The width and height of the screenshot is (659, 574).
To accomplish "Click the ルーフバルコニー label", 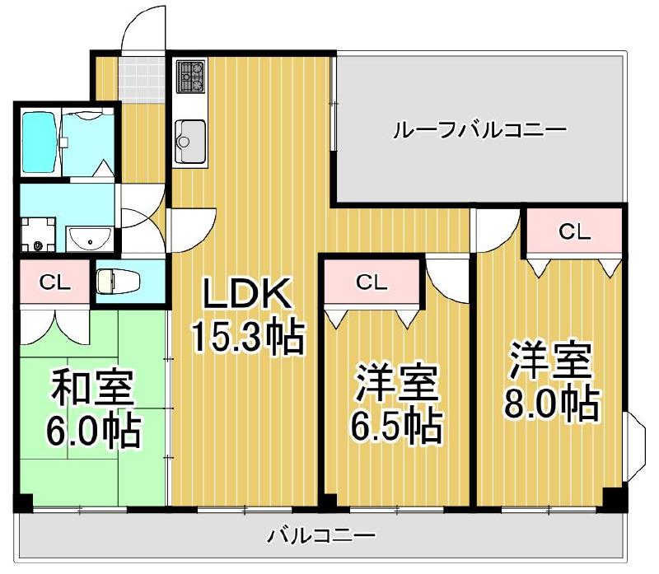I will tap(479, 129).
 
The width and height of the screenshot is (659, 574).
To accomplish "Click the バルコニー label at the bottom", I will tap(320, 538).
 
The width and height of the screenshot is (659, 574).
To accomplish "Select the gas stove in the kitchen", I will tap(192, 77).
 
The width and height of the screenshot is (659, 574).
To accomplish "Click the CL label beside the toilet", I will tap(54, 282).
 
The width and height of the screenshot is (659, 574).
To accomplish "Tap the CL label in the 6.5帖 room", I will tap(372, 282).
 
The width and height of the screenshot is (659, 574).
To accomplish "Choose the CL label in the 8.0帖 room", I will tap(574, 232).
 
